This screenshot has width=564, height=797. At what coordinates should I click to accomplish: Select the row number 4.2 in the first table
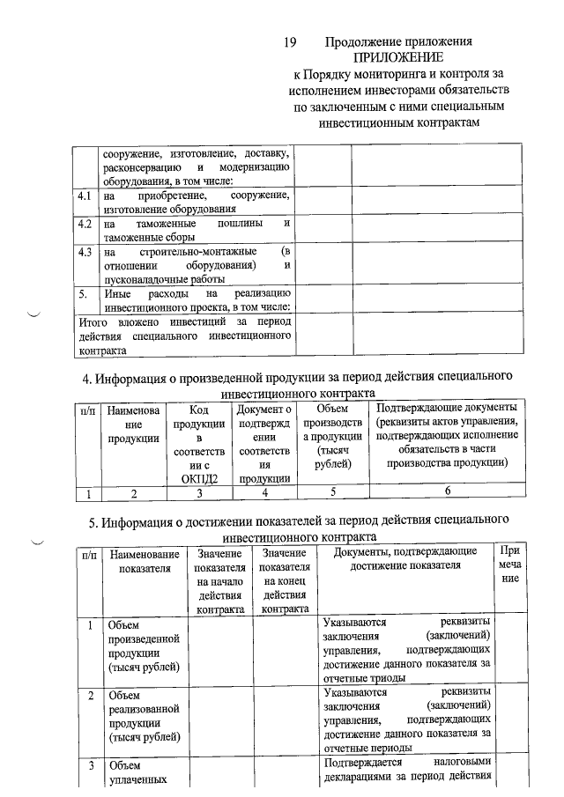[85, 225]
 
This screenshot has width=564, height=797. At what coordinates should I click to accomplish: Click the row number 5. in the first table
[82, 293]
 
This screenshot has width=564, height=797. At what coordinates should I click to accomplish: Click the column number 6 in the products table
[448, 491]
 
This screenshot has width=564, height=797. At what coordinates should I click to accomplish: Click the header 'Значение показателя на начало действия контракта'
[221, 579]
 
